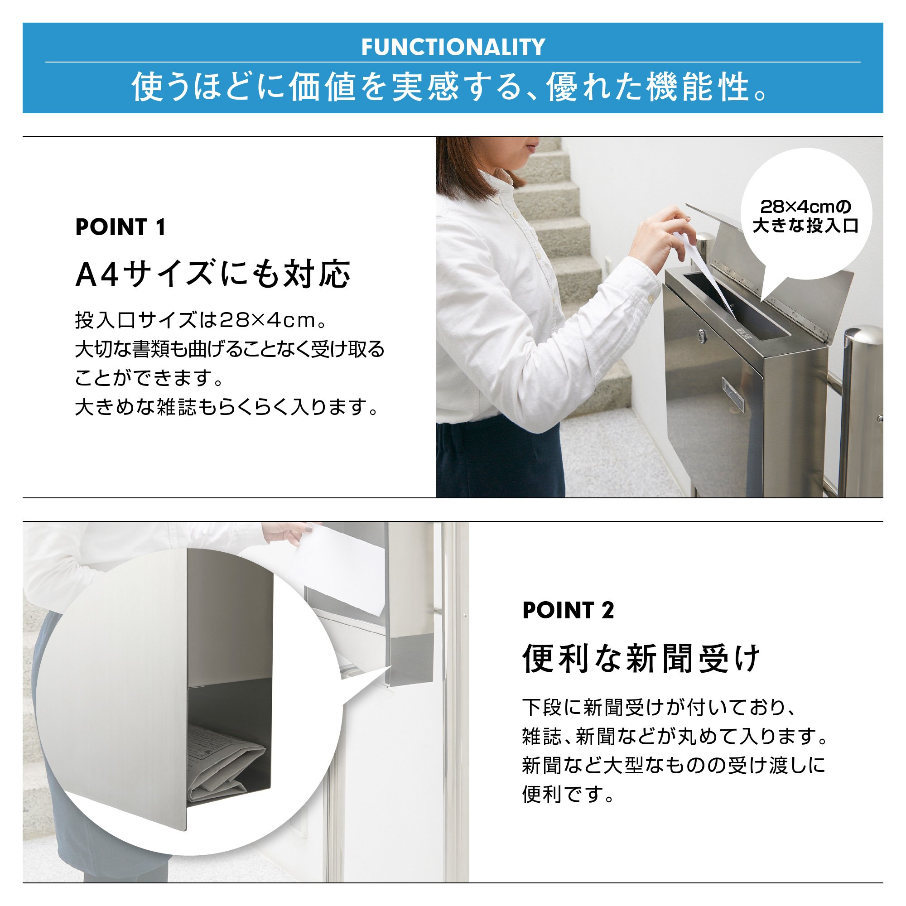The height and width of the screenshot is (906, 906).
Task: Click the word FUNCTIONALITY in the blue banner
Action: (x=453, y=47)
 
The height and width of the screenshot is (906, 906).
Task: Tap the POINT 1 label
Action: (x=120, y=227)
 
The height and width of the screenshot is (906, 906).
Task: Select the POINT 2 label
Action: (x=568, y=610)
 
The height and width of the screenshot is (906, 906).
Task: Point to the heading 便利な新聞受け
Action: (x=641, y=658)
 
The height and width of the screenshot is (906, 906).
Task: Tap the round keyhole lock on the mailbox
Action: (x=701, y=335)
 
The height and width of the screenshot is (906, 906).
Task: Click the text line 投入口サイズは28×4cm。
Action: (x=201, y=320)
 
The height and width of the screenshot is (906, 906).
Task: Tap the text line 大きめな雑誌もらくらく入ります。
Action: (x=227, y=407)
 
